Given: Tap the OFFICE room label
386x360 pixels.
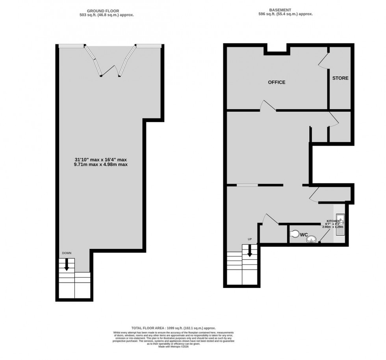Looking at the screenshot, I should (x=277, y=82).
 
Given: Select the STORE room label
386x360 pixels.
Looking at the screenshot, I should (x=340, y=78).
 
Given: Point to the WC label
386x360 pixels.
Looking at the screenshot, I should (x=304, y=235).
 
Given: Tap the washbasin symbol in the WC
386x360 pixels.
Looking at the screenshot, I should (x=312, y=238).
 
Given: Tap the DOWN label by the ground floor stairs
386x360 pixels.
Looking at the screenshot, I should (x=66, y=253).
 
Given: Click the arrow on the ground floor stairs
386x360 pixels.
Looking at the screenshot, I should (x=66, y=264).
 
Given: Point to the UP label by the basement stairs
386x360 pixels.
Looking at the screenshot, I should (x=249, y=239).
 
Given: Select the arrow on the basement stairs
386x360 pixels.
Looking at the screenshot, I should (x=249, y=251).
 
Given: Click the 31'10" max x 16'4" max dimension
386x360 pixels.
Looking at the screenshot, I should (x=101, y=159).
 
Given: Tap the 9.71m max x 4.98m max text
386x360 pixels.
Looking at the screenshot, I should (x=101, y=165).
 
